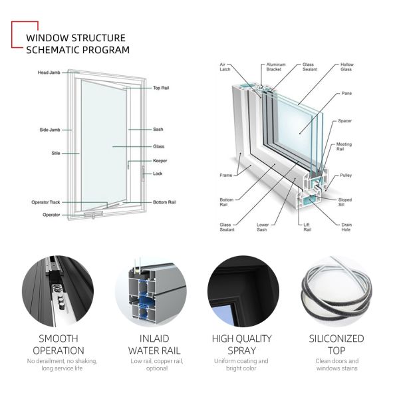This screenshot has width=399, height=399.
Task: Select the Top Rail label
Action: point(161,88)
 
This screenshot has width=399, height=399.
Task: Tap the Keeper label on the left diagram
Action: point(159,160)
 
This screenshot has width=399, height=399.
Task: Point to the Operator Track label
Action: point(46,201)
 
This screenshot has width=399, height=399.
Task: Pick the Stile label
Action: point(56,153)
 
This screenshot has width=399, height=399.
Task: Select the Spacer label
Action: point(344,120)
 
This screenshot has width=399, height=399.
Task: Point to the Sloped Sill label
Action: point(344,202)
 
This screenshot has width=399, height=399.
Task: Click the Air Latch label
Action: point(227,67)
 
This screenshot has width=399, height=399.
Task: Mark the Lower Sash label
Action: point(263,227)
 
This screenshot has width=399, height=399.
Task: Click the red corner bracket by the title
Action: point(17,33)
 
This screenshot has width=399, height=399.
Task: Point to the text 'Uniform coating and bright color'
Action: point(241,365)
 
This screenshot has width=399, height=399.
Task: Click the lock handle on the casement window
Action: point(142,174)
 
